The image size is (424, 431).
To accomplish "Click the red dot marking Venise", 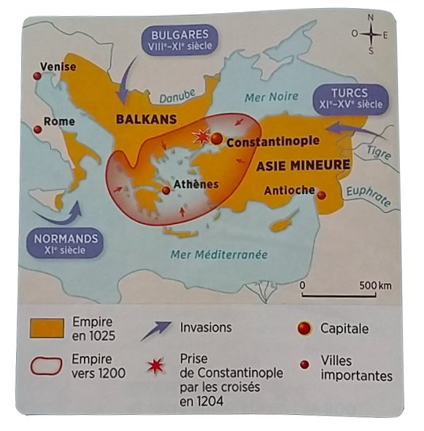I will click(37, 75).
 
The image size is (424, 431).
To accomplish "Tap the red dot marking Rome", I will click(37, 129).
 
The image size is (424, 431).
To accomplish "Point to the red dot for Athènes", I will click(166, 190).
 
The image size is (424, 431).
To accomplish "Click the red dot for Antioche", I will click(321, 194).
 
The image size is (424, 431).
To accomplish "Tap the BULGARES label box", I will click(180, 39).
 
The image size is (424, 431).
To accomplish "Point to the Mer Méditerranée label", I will click(218, 255).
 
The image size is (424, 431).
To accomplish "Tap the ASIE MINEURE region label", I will click(303, 165).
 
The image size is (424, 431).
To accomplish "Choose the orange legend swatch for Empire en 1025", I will click(45, 328).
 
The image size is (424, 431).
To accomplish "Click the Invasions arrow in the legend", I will click(155, 331).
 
